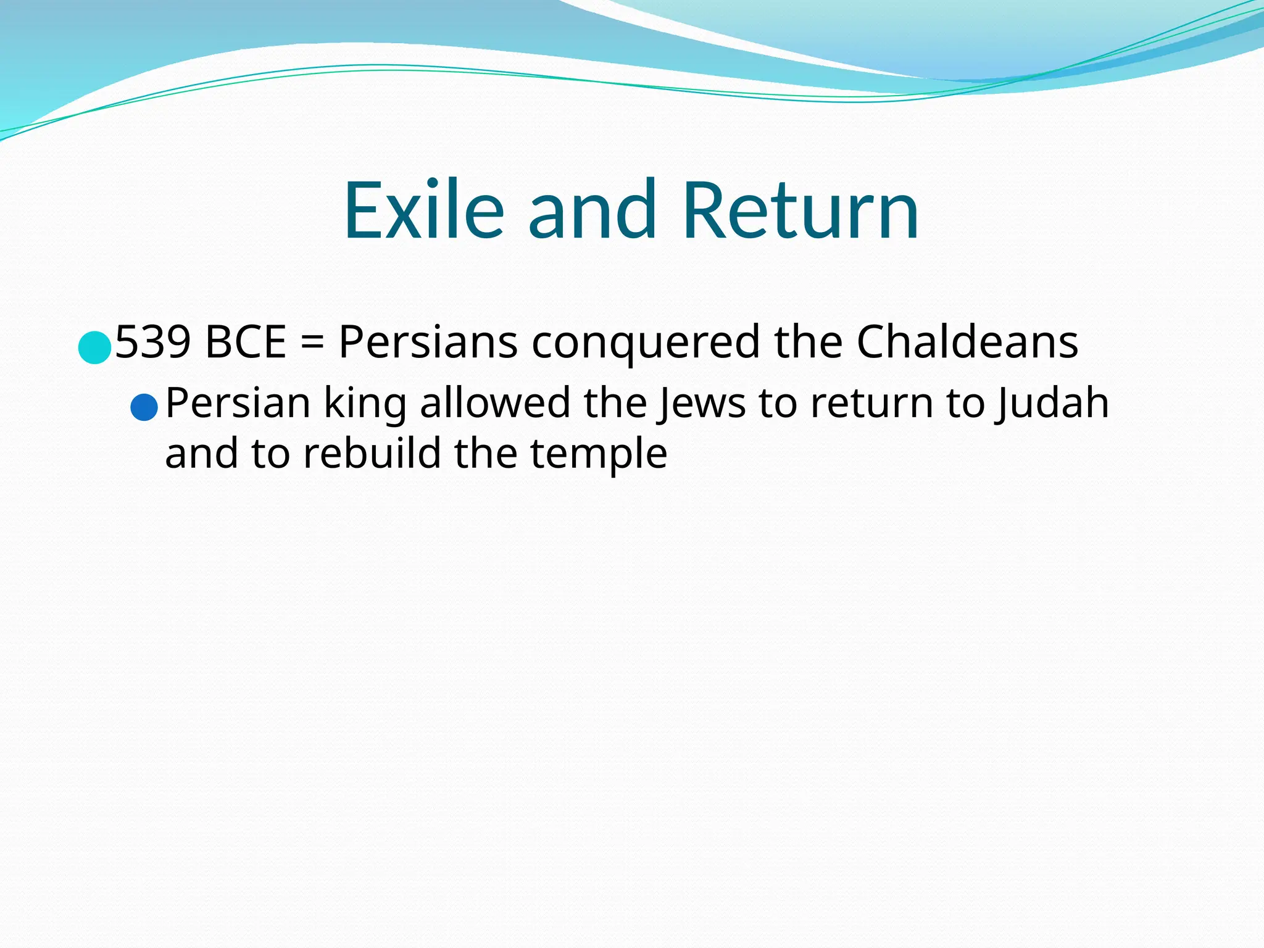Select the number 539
152,342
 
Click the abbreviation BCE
246,342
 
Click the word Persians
428,342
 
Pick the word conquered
645,343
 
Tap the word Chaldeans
967,342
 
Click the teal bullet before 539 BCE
94,347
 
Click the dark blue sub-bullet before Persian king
144,408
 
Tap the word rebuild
372,454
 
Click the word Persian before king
238,403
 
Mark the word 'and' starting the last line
201,454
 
